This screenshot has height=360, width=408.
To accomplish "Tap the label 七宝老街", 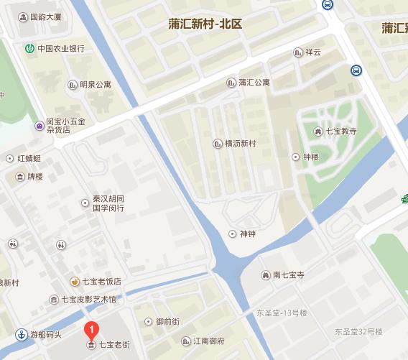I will [114, 345].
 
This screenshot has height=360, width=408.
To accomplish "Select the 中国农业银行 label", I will [61, 49].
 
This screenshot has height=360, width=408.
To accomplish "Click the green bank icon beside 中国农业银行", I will [29, 49].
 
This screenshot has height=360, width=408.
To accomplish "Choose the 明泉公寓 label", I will [96, 85].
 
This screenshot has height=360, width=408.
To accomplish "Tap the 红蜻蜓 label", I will [34, 158].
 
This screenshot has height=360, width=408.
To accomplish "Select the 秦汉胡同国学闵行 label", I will [108, 203].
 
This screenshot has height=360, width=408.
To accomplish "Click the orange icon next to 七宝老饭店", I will [75, 281].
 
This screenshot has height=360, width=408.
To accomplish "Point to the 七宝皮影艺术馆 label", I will [88, 299].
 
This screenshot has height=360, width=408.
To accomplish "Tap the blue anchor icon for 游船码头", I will [22, 334].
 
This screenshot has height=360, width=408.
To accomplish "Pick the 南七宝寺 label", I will [289, 274].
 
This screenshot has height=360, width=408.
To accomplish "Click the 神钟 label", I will [248, 234].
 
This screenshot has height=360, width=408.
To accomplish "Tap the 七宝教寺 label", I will [341, 131].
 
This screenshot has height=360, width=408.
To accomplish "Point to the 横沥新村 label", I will [240, 144].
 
